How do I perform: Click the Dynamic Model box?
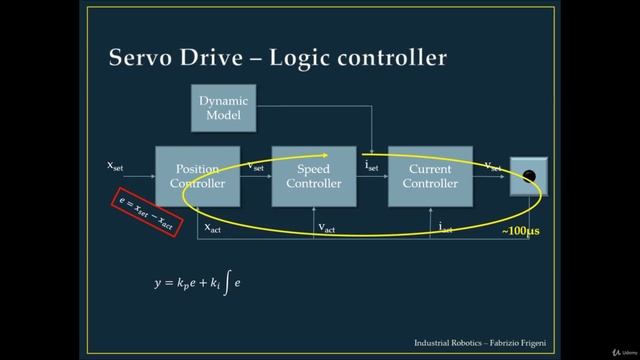point(224,108)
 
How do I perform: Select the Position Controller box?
point(197,176)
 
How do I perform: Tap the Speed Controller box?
point(314,176)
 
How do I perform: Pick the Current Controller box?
point(429,176)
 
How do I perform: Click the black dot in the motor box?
point(529,177)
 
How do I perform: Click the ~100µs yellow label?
point(520,231)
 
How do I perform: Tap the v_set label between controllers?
point(256,166)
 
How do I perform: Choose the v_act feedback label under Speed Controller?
point(327,228)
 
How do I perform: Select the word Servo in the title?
point(143,58)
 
